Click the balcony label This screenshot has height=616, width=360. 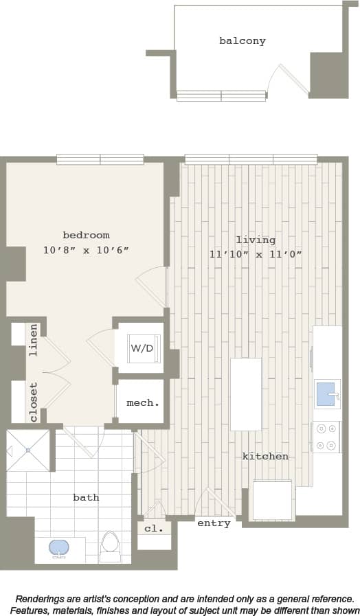[242, 41]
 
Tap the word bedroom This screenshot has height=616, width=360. [86, 236]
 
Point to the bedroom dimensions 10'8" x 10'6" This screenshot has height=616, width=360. [86, 251]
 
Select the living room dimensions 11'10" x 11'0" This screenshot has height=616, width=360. [256, 254]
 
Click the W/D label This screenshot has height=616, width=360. [142, 348]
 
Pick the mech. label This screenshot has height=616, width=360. [143, 403]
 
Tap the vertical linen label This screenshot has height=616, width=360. [33, 339]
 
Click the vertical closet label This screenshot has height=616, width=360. [33, 402]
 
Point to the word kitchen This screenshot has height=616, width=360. [265, 457]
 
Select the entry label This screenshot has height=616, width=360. [214, 523]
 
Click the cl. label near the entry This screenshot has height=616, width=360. [154, 529]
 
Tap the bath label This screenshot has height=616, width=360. [86, 497]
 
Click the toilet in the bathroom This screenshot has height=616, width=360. [110, 545]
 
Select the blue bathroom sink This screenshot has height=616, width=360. [59, 547]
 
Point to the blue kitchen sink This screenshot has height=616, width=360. [326, 394]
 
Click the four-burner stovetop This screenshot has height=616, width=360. [326, 437]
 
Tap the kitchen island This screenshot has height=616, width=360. [245, 394]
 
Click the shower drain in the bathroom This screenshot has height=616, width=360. [28, 450]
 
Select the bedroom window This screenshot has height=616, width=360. [100, 159]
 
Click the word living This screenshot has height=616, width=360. [256, 240]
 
